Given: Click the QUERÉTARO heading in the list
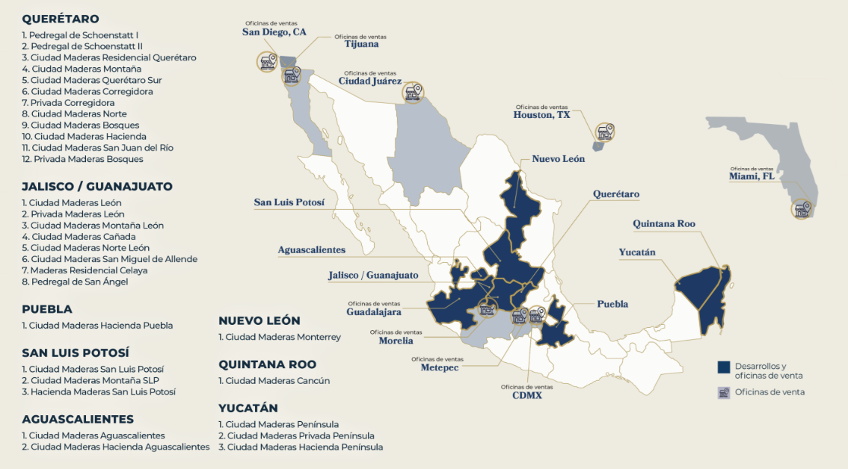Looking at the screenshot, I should [61, 19].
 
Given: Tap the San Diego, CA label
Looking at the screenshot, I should [274, 32].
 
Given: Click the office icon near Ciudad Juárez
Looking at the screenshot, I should [413, 93].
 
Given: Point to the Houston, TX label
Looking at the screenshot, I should [541, 115].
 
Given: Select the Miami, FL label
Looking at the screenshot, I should [752, 176].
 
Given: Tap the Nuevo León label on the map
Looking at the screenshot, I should [558, 159].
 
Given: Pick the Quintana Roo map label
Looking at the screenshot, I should [664, 223].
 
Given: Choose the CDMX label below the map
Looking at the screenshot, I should [526, 395].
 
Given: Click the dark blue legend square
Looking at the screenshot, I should [723, 367].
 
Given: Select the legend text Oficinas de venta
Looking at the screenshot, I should [769, 392].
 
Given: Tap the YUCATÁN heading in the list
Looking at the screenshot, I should [248, 408].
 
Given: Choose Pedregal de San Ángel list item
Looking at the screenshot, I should [75, 282].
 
